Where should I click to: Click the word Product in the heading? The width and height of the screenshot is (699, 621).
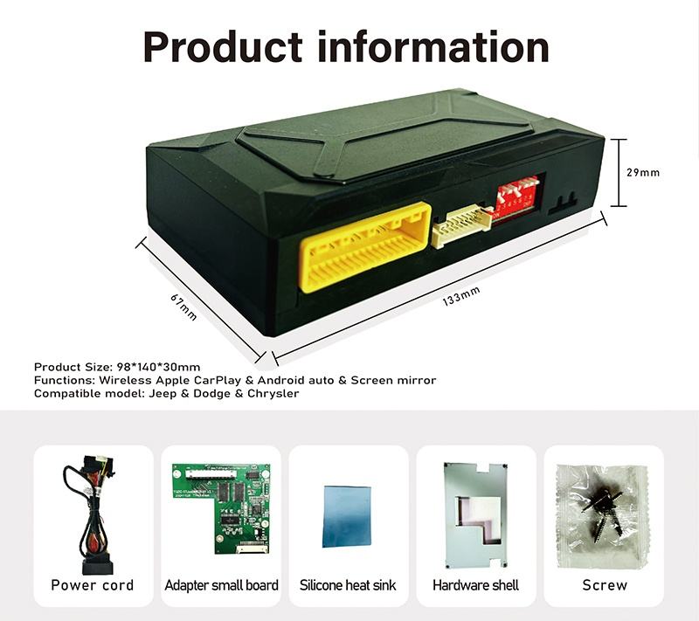point(222,46)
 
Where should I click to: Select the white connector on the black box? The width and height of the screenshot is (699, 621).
point(460,226)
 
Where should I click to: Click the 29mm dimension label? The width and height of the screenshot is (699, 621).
point(643,172)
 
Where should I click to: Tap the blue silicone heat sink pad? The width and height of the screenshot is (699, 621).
point(348,514)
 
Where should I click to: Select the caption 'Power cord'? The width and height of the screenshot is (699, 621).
point(92,584)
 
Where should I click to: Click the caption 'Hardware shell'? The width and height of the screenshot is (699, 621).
point(476,584)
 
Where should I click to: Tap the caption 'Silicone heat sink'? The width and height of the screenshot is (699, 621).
point(348,584)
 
